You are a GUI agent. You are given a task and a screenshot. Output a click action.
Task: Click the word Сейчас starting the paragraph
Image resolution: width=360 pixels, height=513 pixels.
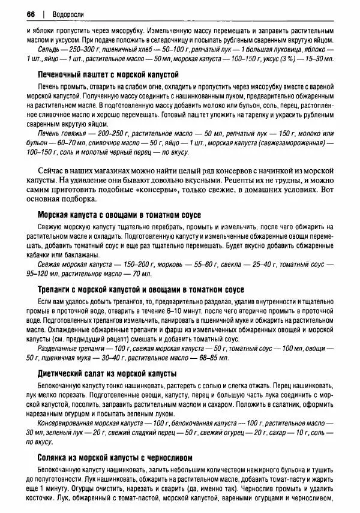tap(52, 169)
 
